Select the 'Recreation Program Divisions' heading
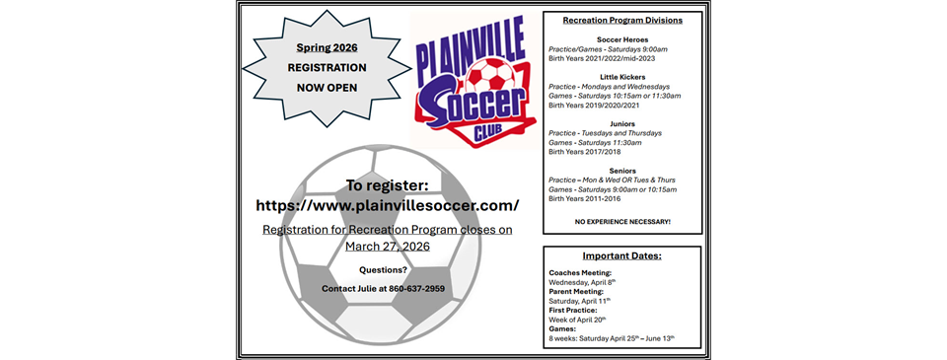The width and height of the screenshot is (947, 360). tap(622, 20)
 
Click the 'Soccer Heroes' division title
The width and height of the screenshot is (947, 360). tap(622, 39)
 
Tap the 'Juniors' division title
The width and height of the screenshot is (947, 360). tap(622, 123)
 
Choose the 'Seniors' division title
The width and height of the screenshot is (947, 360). tap(622, 170)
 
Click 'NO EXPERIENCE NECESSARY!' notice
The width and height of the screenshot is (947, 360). tap(622, 222)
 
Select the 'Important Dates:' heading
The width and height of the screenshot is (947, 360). tap(621, 256)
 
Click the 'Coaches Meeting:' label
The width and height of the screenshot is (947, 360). tap(580, 272)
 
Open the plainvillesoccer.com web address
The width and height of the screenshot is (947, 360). tap(387, 206)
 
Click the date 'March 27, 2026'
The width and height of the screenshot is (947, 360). tap(386, 247)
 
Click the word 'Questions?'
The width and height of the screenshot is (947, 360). tap(384, 269)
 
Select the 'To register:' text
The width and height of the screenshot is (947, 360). tap(387, 184)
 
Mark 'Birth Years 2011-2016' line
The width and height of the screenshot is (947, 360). tap(589, 198)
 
